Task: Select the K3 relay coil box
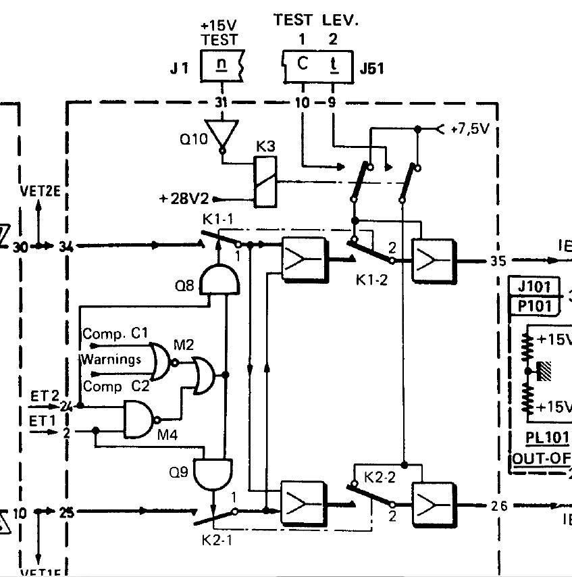[x=263, y=180]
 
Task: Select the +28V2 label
[x=184, y=199]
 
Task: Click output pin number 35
[x=496, y=261]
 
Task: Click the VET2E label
[x=41, y=191]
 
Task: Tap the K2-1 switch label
[x=217, y=540]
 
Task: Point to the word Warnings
[x=111, y=359]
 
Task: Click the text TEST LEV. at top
[x=316, y=20]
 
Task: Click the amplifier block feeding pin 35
[x=434, y=259]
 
